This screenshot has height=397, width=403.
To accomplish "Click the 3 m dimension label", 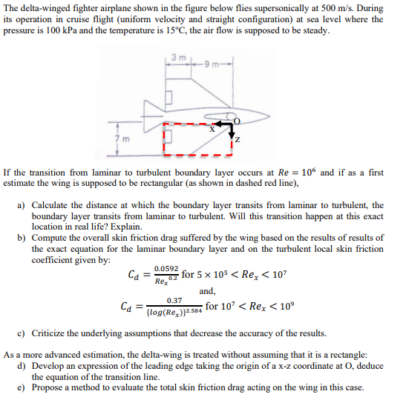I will tap(174, 58).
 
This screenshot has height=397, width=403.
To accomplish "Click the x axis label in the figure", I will tap(212, 130).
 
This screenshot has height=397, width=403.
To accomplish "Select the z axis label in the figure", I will tap(237, 141).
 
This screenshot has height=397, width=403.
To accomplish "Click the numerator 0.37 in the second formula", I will tap(176, 300).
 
